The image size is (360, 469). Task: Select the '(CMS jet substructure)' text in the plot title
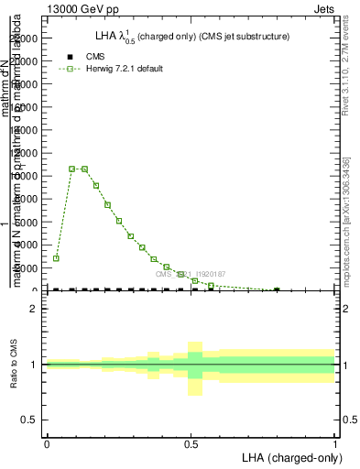pos(233,37)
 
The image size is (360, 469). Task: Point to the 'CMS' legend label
pos(95,57)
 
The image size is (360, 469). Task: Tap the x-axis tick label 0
pos(47,444)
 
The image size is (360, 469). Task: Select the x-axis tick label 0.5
pos(191,444)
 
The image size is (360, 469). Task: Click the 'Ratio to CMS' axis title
pos(14,365)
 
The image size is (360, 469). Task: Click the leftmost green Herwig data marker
pos(56,258)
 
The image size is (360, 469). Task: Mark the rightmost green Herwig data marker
pos(277,290)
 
